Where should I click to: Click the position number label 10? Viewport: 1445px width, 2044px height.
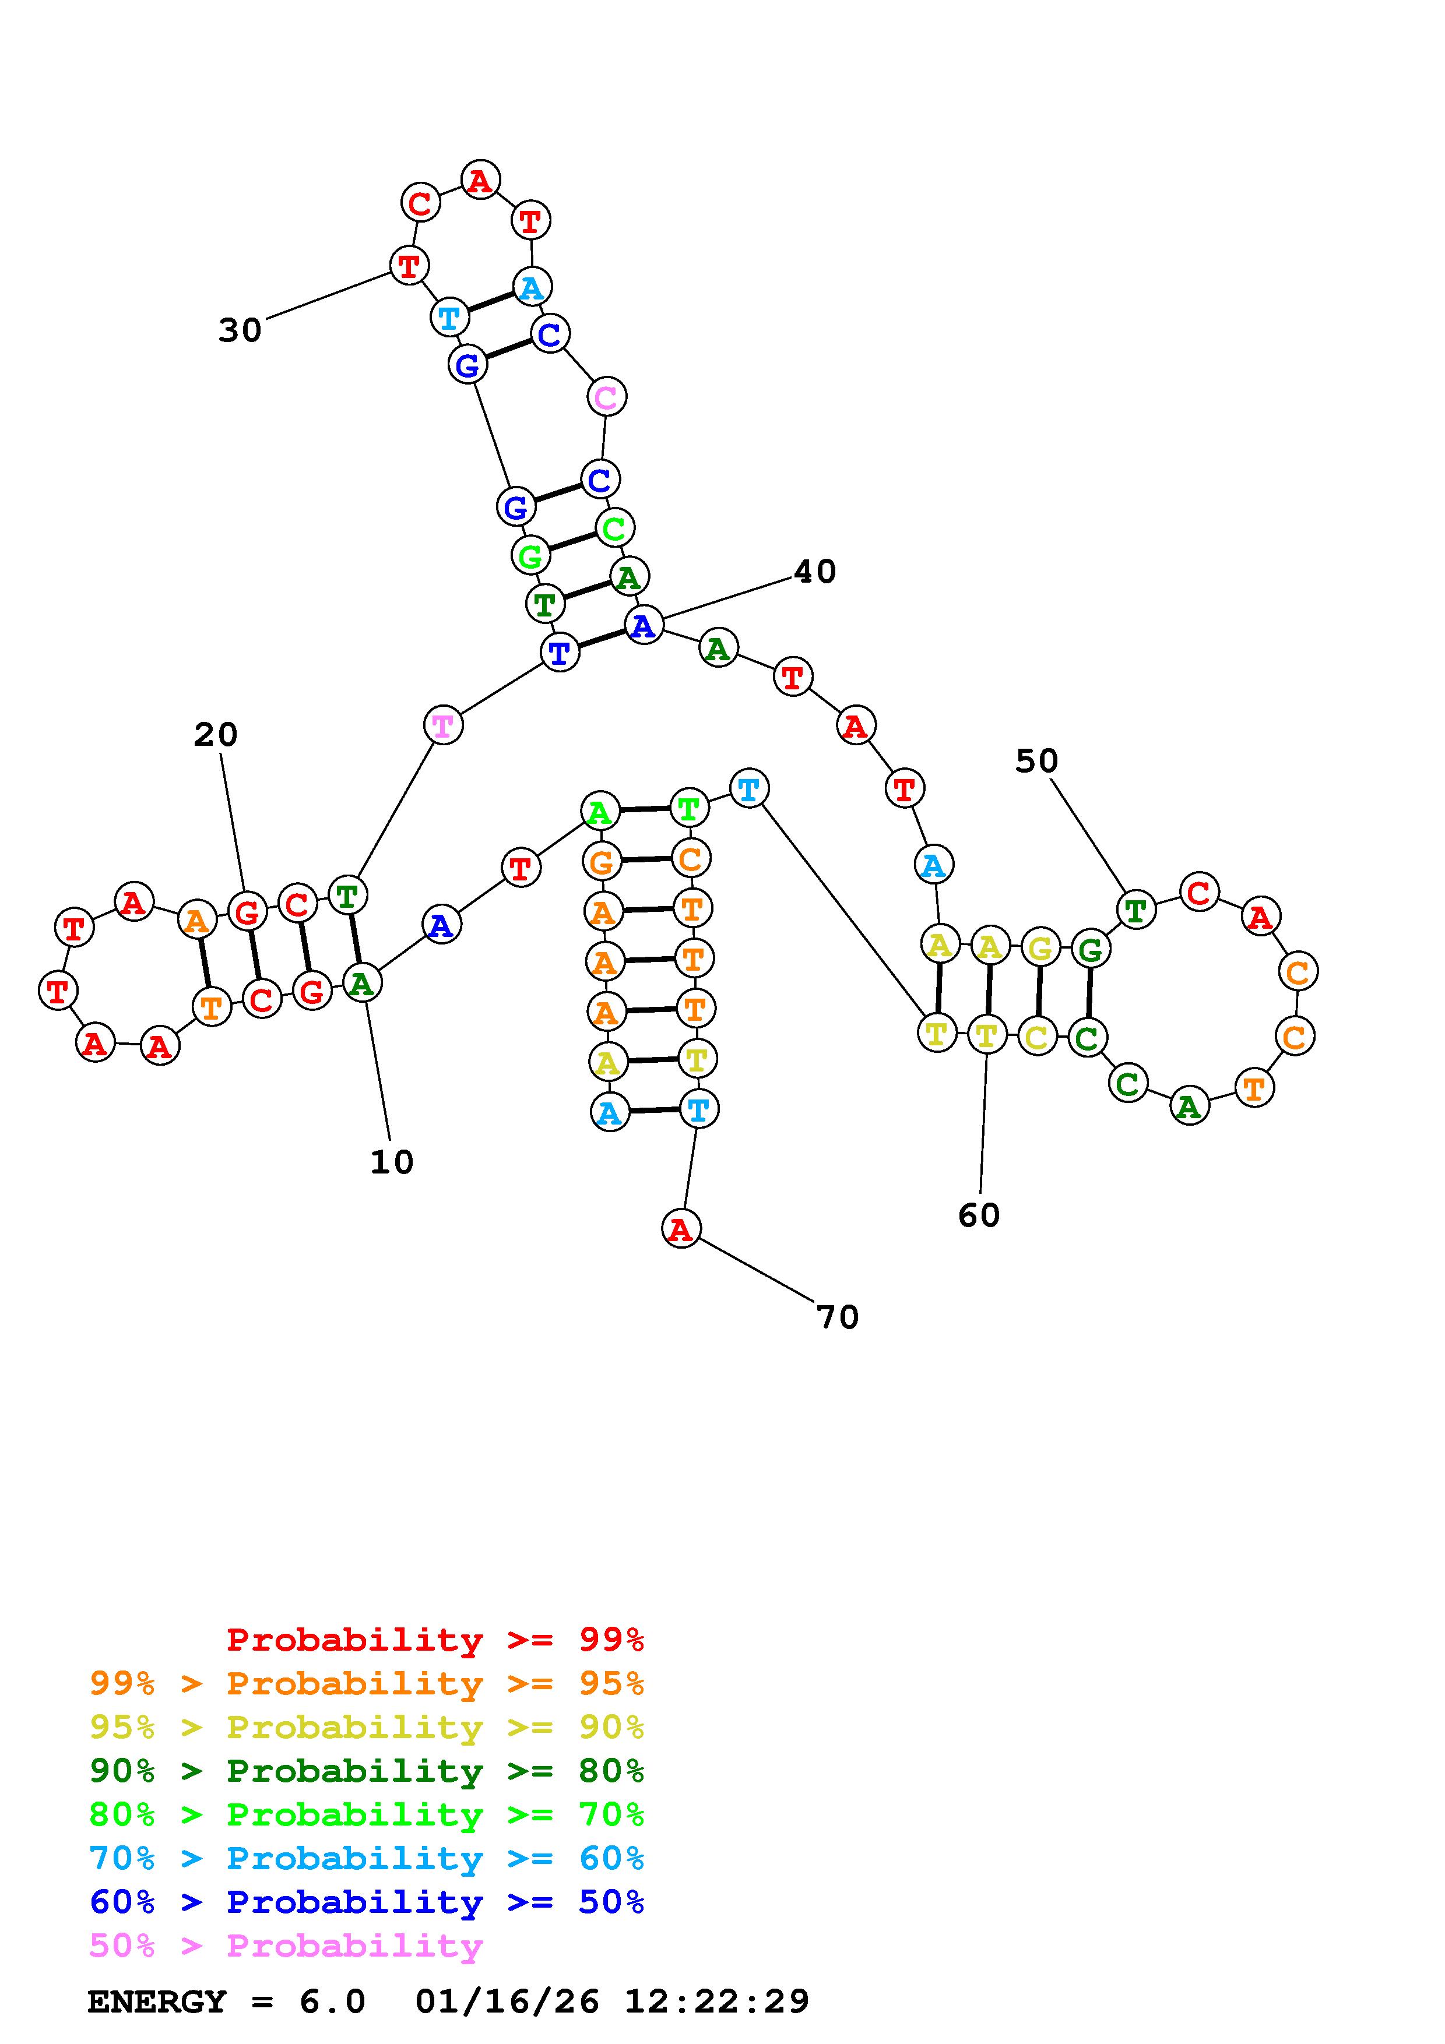pyautogui.click(x=392, y=1162)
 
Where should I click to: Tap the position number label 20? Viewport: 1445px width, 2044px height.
pyautogui.click(x=216, y=735)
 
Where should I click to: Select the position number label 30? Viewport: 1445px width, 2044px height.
pyautogui.click(x=240, y=330)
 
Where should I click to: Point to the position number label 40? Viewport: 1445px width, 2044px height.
pyautogui.click(x=815, y=572)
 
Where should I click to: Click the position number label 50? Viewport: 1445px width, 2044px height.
pyautogui.click(x=1036, y=761)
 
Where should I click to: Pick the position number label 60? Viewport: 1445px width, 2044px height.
pyautogui.click(x=979, y=1215)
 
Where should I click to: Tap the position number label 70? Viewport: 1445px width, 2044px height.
pyautogui.click(x=837, y=1317)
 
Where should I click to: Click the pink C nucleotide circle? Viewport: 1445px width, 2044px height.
pyautogui.click(x=606, y=396)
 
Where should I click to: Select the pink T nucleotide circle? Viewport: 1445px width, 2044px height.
pyautogui.click(x=442, y=725)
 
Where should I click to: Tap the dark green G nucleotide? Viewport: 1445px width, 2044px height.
pyautogui.click(x=1090, y=949)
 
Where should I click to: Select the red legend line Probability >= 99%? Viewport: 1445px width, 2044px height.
pyautogui.click(x=435, y=1640)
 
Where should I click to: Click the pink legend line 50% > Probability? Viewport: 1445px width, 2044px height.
pyautogui.click(x=286, y=1946)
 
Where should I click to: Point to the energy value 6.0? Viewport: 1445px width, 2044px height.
pyautogui.click(x=332, y=2002)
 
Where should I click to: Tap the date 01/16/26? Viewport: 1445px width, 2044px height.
pyautogui.click(x=507, y=2002)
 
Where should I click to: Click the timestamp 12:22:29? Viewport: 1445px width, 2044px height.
pyautogui.click(x=717, y=2002)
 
